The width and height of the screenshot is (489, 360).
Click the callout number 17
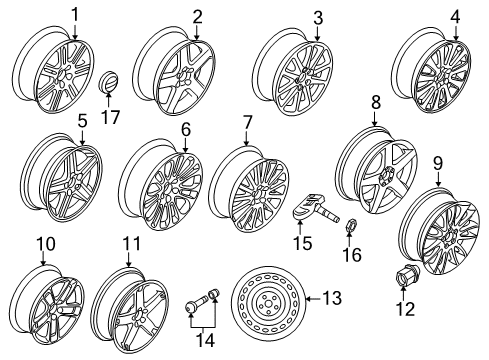(x=110, y=117)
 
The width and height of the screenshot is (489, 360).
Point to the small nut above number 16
(x=350, y=225)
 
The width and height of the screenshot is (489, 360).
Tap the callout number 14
(x=205, y=340)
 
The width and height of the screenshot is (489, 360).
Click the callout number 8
(x=376, y=103)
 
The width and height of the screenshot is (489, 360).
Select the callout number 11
(x=132, y=244)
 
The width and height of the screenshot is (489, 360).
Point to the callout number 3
(x=318, y=18)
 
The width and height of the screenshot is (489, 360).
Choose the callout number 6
(x=186, y=129)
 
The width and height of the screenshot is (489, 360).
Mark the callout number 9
(x=438, y=164)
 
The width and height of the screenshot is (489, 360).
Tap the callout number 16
(x=352, y=255)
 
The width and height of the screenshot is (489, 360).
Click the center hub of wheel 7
(x=258, y=194)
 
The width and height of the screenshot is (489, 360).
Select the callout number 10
(x=46, y=244)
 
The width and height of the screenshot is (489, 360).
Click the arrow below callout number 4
(x=455, y=33)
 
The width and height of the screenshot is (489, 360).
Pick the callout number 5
(x=82, y=121)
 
